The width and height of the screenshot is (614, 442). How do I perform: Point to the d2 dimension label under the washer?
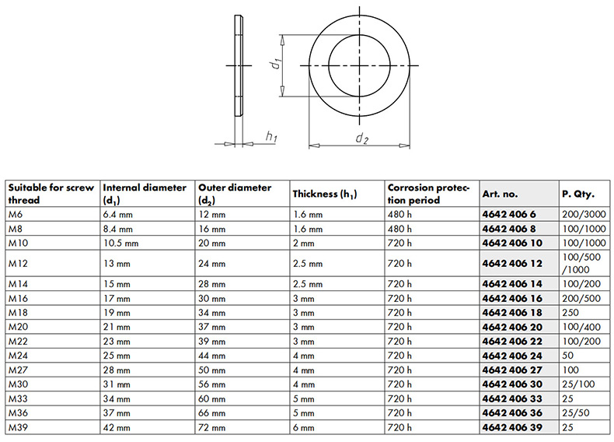(362, 138)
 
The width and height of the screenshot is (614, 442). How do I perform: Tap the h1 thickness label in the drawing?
(271, 137)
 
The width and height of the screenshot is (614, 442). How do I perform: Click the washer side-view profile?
(239, 65)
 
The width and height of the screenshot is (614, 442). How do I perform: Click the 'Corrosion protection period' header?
(428, 194)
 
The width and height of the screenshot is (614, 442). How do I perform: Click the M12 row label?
(18, 264)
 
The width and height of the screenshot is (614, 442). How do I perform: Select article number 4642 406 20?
(512, 327)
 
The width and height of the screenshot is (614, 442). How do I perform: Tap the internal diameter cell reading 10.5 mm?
(120, 243)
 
